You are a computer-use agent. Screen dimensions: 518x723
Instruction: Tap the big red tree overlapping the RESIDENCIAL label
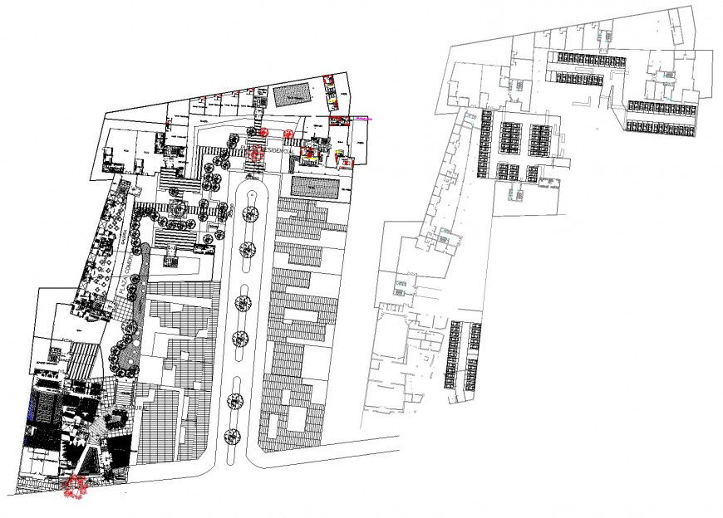[x=255, y=152]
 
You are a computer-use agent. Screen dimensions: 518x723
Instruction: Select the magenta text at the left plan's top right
[x=364, y=119]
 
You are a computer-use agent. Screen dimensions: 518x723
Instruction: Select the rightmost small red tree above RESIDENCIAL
[x=288, y=133]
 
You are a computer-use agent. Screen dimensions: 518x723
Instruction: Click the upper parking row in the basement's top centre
[x=593, y=58]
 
